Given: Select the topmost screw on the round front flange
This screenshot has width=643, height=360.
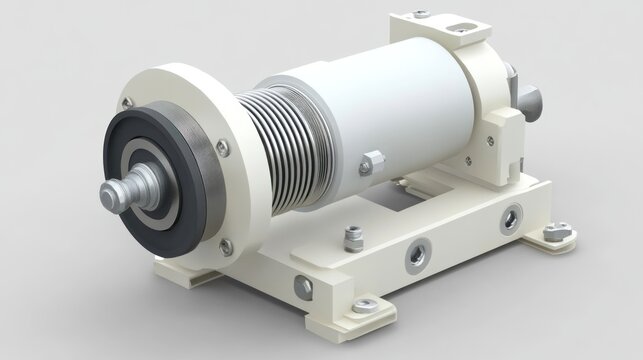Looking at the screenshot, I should point(127,102).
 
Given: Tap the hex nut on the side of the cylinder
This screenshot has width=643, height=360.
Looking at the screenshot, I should point(372,161).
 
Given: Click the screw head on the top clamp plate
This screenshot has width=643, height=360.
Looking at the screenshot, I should point(422,14).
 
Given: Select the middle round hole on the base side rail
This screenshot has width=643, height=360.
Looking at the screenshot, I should point(414,255).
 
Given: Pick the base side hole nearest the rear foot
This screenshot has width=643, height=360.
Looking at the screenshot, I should point(511,214).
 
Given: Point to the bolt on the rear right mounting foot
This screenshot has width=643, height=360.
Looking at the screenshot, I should point(558,232).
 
